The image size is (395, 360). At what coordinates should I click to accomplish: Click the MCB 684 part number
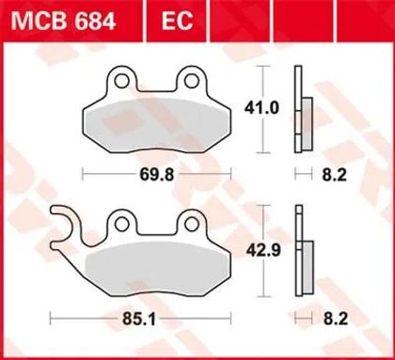pos(63,21)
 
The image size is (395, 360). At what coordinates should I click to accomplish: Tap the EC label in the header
pos(177,21)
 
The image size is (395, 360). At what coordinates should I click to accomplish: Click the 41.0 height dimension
pos(261,108)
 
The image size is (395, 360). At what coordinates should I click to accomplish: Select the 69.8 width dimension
pos(156,175)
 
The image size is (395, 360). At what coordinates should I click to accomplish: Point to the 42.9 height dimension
pos(263,250)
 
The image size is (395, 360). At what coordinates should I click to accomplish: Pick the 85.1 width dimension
pos(139,320)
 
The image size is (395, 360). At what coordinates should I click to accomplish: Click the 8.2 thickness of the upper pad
pos(335,175)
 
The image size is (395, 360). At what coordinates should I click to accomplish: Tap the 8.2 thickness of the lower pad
pos(336,320)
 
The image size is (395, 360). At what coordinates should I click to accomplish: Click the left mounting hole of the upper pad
pos(121,81)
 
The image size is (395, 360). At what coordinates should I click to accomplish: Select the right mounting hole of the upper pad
pos(191,81)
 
